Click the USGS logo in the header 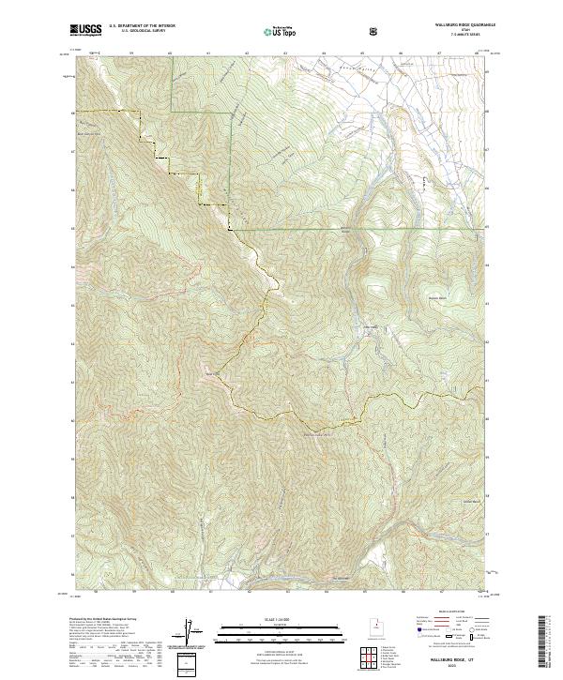(x=86, y=30)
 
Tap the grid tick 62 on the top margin (x=247, y=53)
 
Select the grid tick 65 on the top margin (x=362, y=53)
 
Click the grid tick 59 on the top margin (x=130, y=53)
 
